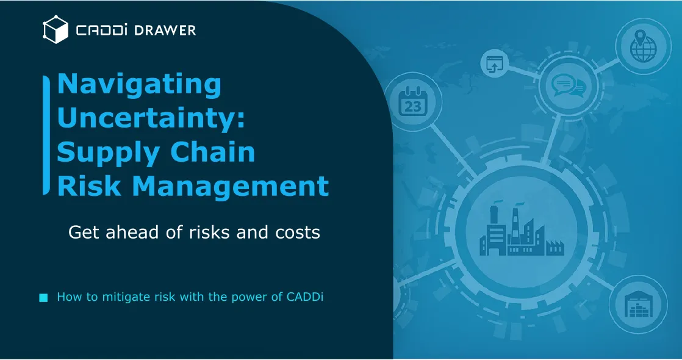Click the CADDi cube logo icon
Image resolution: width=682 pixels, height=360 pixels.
[x=55, y=29]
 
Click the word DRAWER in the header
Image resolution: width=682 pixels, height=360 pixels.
[x=165, y=30]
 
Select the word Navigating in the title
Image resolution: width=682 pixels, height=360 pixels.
[x=139, y=84]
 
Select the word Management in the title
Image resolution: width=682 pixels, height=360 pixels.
[x=230, y=185]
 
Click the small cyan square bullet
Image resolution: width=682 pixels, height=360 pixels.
[x=43, y=298]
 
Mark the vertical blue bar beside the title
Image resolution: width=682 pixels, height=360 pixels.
[x=46, y=135]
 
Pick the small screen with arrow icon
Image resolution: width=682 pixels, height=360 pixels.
[x=493, y=63]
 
